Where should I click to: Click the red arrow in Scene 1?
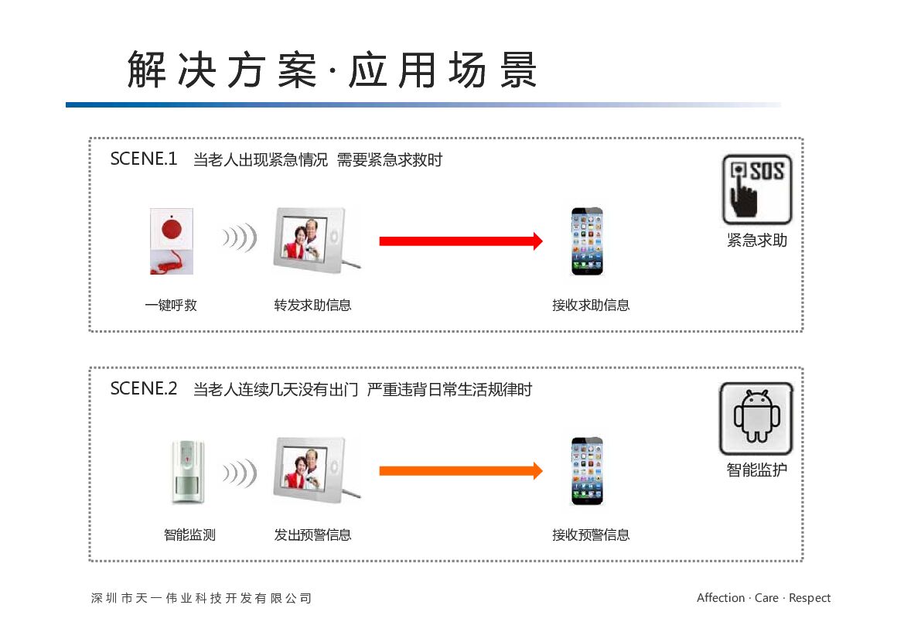coord(461,241)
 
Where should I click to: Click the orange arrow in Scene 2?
coord(461,470)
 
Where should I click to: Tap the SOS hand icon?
coord(757,189)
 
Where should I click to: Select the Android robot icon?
coord(756,419)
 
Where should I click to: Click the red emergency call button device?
coord(172,241)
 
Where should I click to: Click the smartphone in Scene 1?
coord(587,241)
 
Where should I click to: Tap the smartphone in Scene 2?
coord(587,471)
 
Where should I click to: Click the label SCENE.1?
coord(144,159)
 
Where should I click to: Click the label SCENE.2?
coord(144,388)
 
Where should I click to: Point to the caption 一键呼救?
coord(171,306)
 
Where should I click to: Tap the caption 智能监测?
coord(189,535)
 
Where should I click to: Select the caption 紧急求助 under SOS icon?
coord(757,241)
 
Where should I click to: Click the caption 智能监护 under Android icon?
coord(757,470)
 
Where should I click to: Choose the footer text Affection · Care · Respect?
coord(763,598)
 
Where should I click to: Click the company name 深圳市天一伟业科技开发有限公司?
coord(202,598)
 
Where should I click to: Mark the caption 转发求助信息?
coord(312,306)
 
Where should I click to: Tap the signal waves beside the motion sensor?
coord(240,471)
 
